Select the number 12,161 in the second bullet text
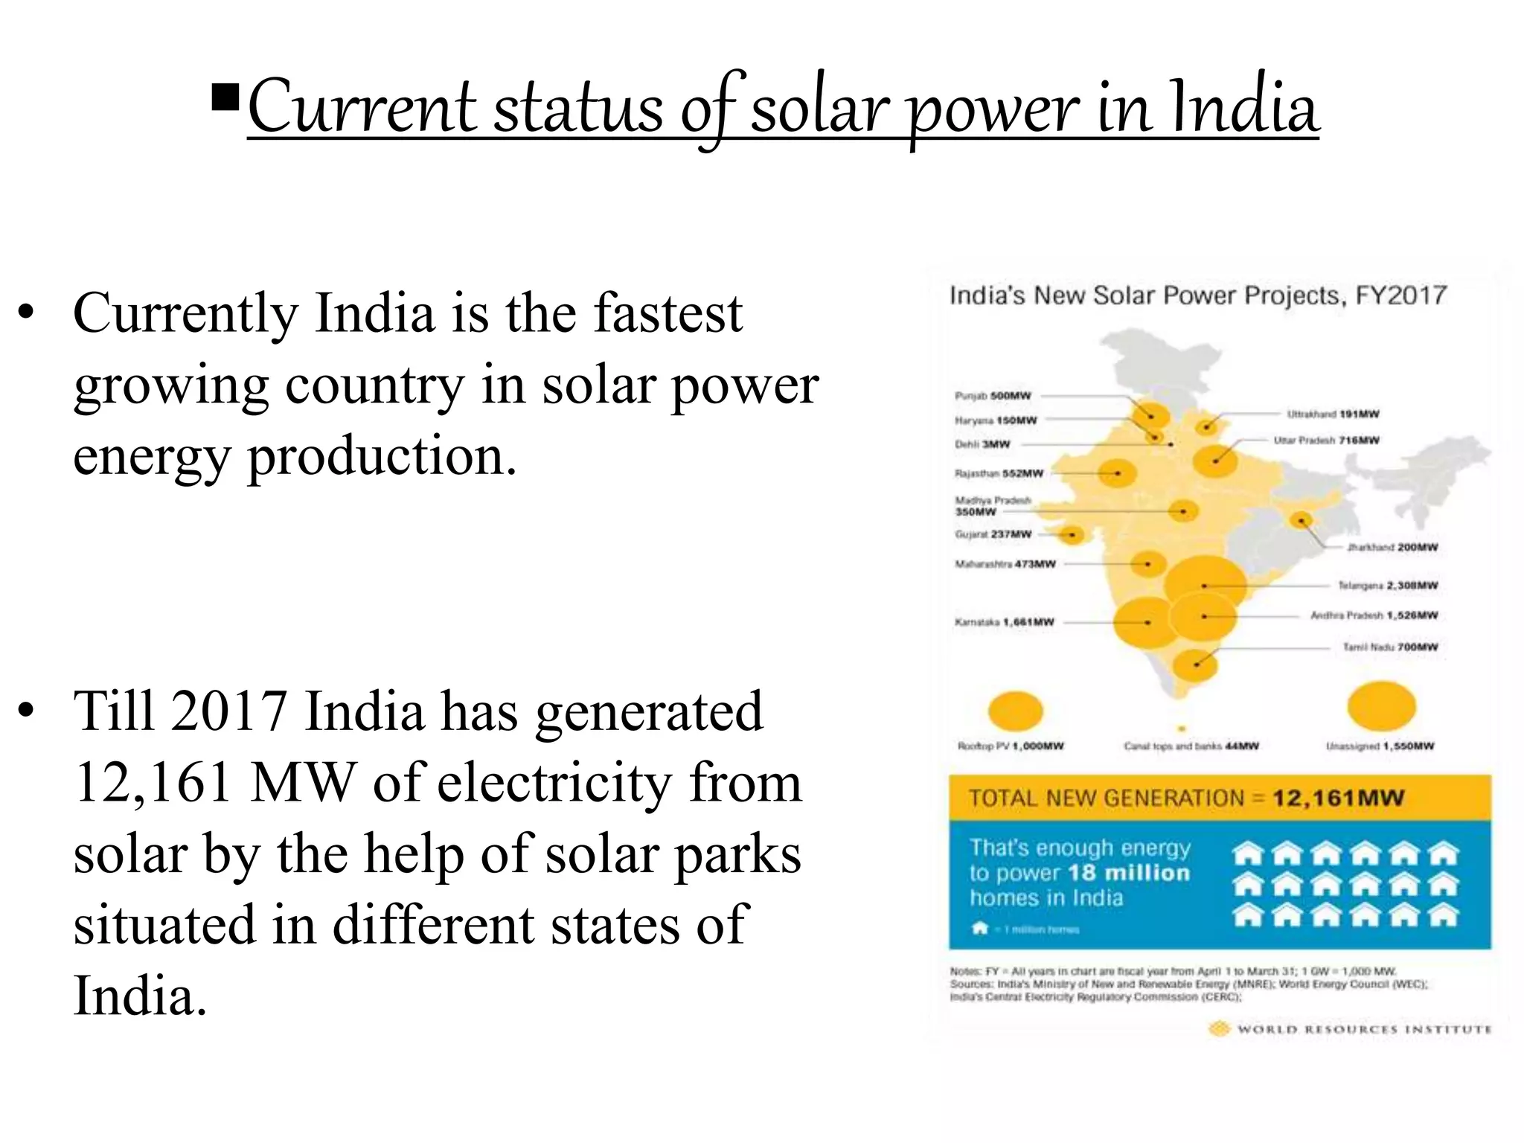pos(153,783)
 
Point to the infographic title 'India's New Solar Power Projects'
pos(1197,296)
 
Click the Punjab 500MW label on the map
pos(993,396)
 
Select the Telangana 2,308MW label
pos(1388,586)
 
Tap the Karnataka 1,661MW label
pos(1004,622)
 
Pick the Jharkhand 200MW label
pos(1392,548)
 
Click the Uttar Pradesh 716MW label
pos(1326,441)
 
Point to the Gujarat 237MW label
pos(993,534)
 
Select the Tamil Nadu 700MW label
pos(1390,647)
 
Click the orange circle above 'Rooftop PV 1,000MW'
pos(1015,711)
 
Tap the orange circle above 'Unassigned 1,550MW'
pos(1381,706)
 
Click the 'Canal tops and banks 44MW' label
pos(1191,746)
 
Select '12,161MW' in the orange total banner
pos(1337,798)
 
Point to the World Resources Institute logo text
pos(1364,1030)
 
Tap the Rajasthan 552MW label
pos(999,473)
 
